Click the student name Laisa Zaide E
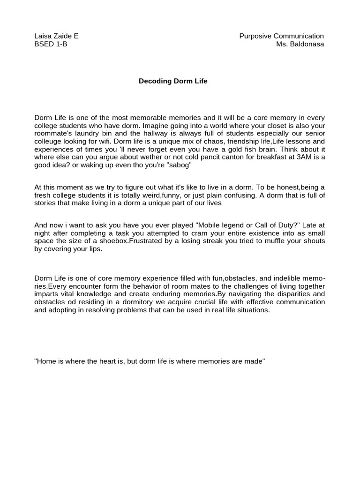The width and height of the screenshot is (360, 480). click(x=56, y=36)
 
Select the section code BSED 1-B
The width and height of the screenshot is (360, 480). click(x=51, y=45)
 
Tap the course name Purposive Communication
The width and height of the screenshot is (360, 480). click(x=281, y=36)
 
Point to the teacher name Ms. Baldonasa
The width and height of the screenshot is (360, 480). click(x=300, y=45)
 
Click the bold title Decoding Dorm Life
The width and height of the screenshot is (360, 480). click(x=173, y=81)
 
